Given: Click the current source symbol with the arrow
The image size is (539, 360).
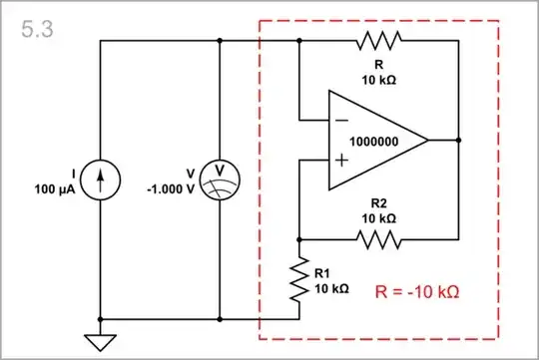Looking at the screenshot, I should pos(100,180).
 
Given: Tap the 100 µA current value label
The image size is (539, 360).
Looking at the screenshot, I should pos(55,188).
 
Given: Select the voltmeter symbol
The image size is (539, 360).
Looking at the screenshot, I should pos(219,180).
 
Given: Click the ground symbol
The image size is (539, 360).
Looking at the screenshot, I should pos(100,342).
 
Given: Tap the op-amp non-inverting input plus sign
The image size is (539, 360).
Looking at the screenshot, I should pos(341,160).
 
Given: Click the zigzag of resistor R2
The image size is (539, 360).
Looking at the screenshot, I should pos(379,239).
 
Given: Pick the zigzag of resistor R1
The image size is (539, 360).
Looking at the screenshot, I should pos(299,280).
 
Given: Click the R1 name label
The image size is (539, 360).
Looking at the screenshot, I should pos(322,271).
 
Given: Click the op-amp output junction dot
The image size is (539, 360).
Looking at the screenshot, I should pos(458,140).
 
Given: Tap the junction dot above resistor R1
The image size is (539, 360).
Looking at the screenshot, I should pos(299,239).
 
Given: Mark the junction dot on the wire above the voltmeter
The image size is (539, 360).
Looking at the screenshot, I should pos(219,40).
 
